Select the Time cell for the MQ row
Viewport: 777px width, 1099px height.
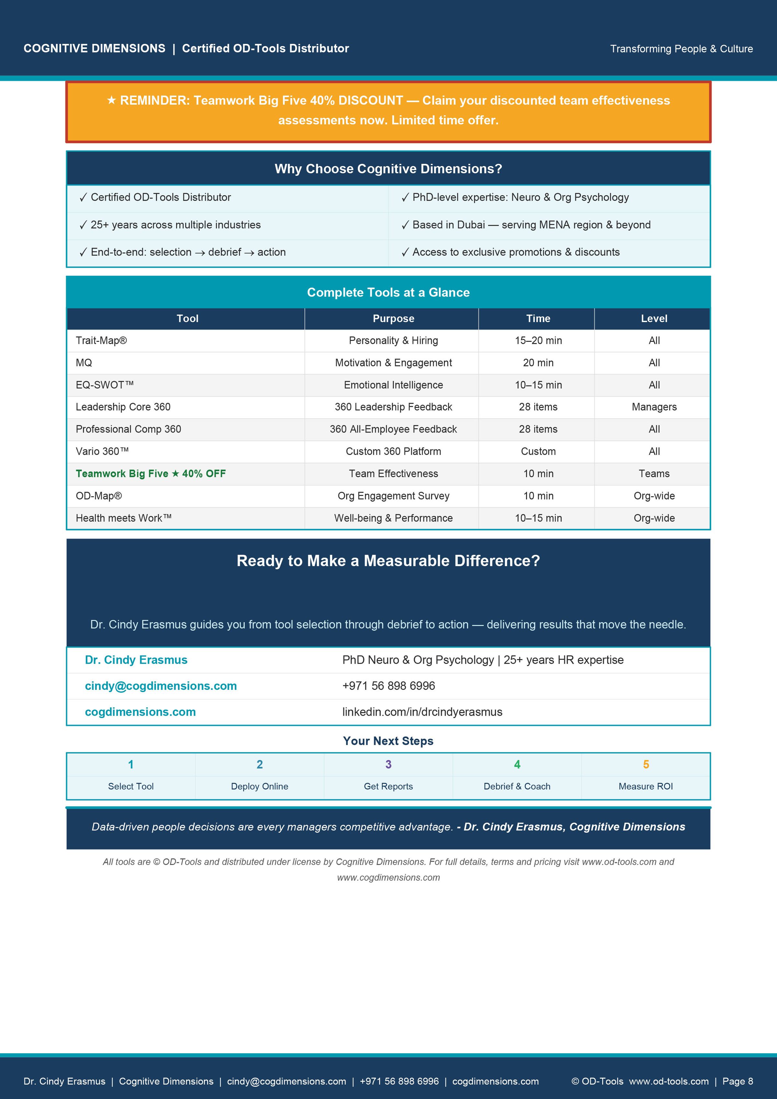(538, 363)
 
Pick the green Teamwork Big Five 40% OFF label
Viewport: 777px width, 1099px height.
(150, 473)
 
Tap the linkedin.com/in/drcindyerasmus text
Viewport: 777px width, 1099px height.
(422, 712)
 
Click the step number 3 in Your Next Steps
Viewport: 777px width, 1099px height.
(388, 764)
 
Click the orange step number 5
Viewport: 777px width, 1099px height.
(646, 764)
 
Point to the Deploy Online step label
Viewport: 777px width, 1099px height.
(259, 786)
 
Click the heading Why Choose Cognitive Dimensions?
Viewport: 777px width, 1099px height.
(388, 169)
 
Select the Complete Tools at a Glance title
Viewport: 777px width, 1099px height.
(388, 292)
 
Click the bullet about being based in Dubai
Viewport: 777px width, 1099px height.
(531, 225)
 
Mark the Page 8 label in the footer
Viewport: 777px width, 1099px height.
(737, 1081)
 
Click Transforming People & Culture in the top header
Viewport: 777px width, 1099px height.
(681, 49)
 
